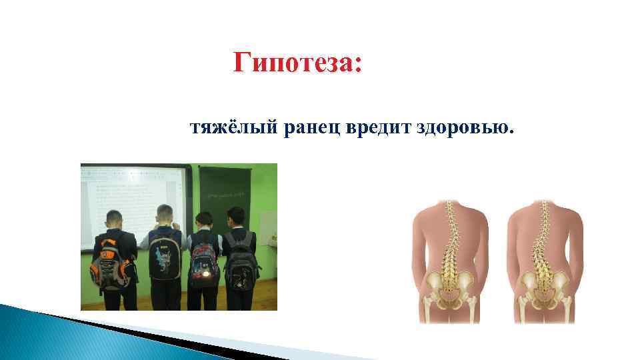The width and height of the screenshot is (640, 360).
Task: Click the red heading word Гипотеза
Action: point(297,65)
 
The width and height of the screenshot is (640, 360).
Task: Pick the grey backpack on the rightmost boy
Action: point(241,263)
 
